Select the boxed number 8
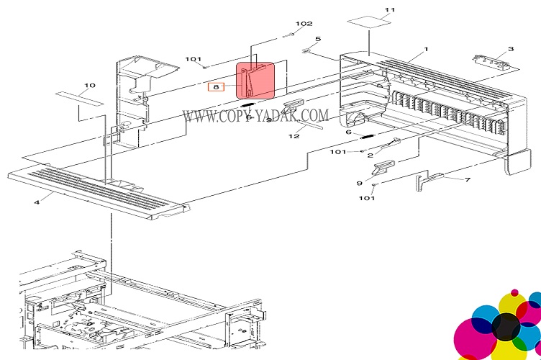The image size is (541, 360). tap(216, 87)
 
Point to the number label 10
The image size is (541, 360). tap(89, 86)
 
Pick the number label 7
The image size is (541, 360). tap(467, 180)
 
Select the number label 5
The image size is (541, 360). tap(317, 39)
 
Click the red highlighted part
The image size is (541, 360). tap(255, 81)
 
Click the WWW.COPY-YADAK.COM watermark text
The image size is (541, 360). tap(255, 115)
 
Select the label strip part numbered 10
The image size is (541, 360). tap(78, 97)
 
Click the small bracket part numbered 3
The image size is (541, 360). tap(492, 61)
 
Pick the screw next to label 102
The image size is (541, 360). tap(287, 33)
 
